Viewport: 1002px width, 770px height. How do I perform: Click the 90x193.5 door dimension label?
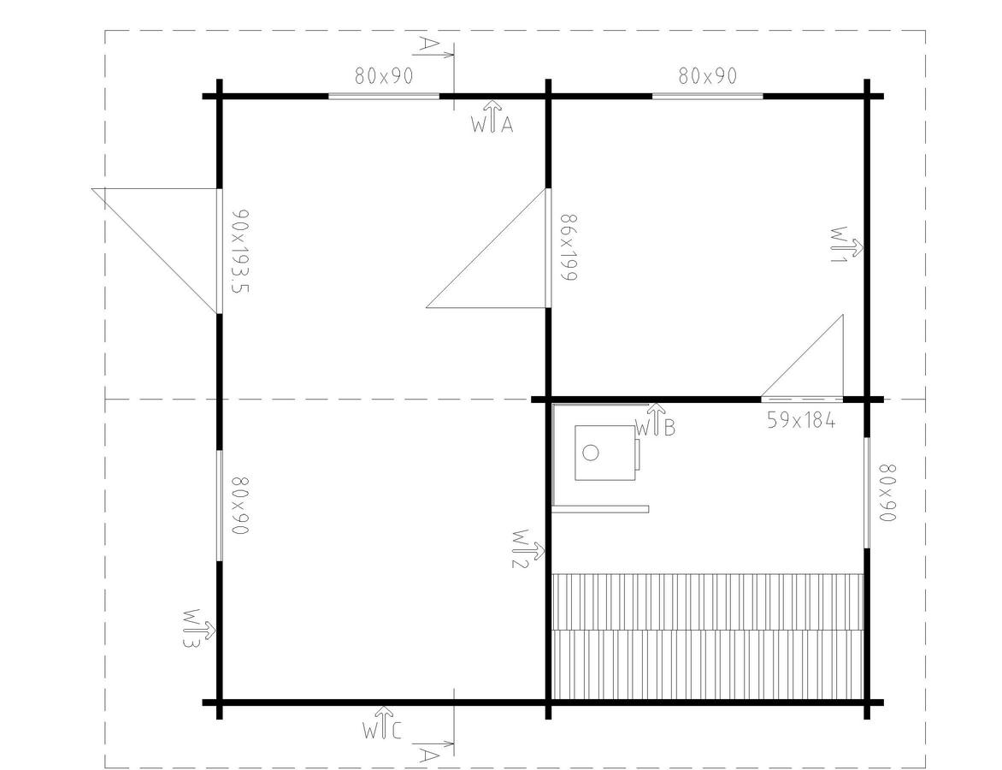pos(239,252)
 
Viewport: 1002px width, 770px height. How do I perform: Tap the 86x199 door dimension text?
pos(569,247)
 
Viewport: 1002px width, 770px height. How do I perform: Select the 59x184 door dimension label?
pos(801,420)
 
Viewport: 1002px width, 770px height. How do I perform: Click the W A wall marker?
pos(492,116)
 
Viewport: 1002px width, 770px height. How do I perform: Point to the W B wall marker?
pos(655,420)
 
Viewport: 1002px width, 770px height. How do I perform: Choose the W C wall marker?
pos(382,723)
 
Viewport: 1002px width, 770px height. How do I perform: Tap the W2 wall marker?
pos(528,548)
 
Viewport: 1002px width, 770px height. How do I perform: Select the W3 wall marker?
pos(198,629)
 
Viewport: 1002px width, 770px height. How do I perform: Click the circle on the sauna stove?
pos(591,453)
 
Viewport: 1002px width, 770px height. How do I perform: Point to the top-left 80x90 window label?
pos(384,76)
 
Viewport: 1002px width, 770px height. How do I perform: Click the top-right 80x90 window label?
pos(707,76)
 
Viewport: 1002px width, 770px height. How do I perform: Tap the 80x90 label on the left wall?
pos(239,506)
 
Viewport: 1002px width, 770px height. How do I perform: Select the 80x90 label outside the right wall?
pos(887,493)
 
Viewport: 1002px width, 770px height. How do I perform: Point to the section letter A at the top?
pos(429,44)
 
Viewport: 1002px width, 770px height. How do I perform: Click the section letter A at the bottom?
pos(429,756)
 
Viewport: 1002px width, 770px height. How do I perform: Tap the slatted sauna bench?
pos(707,637)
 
